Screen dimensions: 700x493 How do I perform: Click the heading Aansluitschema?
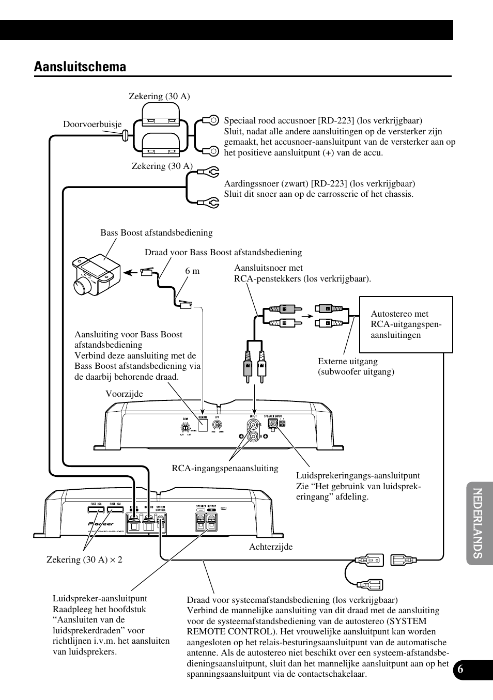coord(80,67)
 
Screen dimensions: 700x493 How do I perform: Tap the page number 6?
coord(460,668)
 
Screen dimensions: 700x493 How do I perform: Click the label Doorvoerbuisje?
coord(92,124)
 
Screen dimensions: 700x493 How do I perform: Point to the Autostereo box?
coord(406,324)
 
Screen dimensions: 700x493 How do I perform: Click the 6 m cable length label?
coord(192,271)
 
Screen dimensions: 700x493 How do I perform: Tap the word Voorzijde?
coord(124,394)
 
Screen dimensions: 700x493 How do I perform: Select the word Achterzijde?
coord(271,547)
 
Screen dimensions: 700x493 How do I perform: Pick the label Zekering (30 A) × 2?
coord(84,559)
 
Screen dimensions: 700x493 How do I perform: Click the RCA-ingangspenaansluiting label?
coord(225,468)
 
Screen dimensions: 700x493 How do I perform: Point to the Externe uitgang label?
coord(356,366)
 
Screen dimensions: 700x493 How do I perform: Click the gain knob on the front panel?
coord(184,427)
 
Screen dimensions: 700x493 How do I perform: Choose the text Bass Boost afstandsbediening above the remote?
coord(156,232)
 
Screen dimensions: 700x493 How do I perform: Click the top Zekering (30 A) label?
coord(159,96)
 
